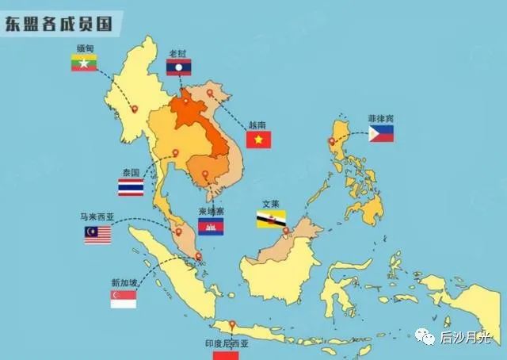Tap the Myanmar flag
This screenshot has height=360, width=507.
[84, 63]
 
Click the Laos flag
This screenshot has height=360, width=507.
[178, 68]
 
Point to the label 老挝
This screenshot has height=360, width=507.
[178, 53]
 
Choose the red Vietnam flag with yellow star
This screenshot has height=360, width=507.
[258, 140]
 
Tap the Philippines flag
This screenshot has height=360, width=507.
[381, 133]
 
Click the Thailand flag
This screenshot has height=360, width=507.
[131, 187]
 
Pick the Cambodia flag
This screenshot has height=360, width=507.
[211, 228]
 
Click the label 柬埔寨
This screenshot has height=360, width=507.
[211, 213]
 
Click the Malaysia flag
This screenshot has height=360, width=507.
[97, 235]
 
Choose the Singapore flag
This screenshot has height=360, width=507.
[123, 299]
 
